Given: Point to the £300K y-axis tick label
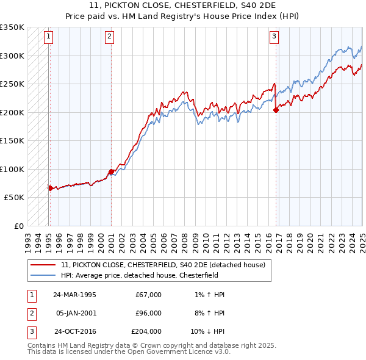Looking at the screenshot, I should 12,56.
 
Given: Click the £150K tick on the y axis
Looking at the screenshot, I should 12,141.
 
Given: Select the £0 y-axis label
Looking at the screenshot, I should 18,226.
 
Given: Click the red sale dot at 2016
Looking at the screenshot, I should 276,110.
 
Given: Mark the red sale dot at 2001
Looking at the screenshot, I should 111,171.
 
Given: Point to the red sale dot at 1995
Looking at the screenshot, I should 50,188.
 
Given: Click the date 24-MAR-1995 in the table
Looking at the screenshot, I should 74,294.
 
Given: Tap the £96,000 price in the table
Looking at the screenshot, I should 148,313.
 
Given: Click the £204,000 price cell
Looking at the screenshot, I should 146,332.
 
